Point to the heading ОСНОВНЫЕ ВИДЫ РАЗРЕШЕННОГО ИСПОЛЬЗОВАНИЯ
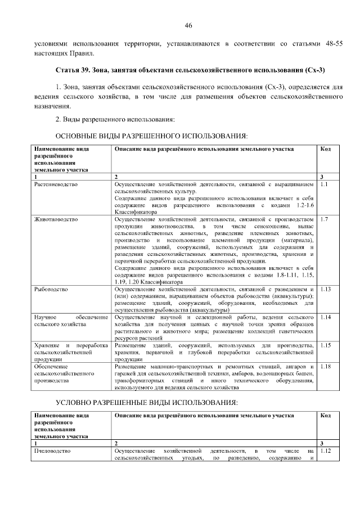151,136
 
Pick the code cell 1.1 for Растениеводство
323,184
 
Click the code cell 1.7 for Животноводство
323,219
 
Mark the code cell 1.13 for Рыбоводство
325,289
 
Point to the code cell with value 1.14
325,317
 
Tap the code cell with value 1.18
325,366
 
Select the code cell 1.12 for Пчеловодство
325,451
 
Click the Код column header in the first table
325,148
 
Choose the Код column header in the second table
325,415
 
